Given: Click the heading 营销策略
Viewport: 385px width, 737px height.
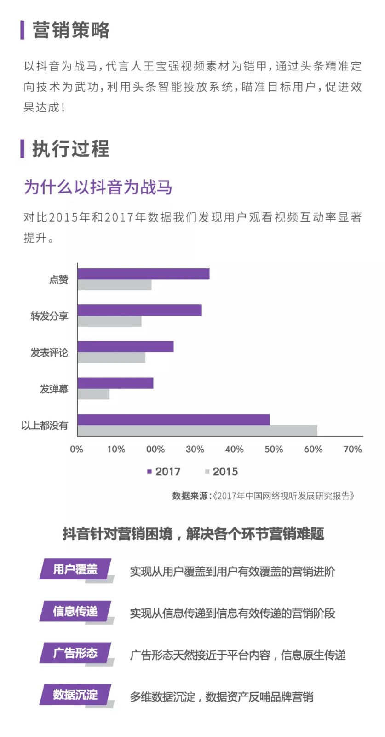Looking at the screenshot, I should (71, 30).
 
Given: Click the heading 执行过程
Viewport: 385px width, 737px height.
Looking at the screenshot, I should (71, 149).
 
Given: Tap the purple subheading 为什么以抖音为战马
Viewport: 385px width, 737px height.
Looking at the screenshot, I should (98, 187).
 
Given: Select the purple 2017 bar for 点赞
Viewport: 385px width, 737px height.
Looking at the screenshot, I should (143, 274).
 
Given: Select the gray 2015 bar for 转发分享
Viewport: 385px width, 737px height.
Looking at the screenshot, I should (109, 321).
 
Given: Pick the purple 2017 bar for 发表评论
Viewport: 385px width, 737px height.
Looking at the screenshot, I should (125, 346).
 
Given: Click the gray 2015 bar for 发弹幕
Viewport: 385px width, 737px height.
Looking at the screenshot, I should (93, 394).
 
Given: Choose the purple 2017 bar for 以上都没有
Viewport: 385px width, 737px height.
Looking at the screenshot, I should (173, 419).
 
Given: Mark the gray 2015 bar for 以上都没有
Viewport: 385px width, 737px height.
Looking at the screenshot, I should (197, 430).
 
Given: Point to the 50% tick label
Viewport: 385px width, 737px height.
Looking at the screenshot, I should (274, 449).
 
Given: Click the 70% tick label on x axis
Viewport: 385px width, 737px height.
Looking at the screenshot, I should (352, 449).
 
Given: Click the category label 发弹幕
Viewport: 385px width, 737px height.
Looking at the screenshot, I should (54, 389).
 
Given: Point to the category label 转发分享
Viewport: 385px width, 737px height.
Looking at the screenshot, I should (49, 316).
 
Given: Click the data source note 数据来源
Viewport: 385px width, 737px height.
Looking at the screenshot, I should (263, 496).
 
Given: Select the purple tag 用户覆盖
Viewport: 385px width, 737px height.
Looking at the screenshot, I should (75, 569).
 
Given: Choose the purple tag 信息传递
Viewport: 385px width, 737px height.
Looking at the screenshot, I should (75, 611).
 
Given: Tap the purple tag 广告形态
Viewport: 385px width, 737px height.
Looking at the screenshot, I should (75, 653).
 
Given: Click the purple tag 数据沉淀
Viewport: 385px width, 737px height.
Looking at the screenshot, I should (75, 695).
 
